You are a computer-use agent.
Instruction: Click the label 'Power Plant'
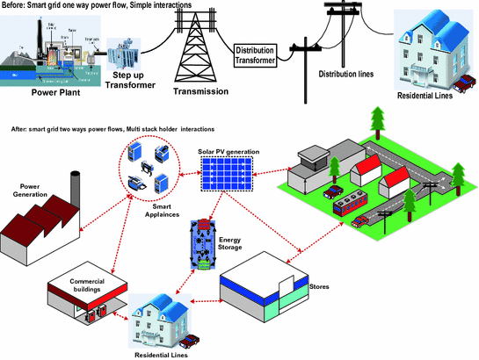(x=53, y=92)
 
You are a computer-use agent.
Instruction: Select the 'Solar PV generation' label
(x=226, y=151)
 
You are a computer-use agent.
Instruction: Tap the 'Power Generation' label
(x=26, y=191)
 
